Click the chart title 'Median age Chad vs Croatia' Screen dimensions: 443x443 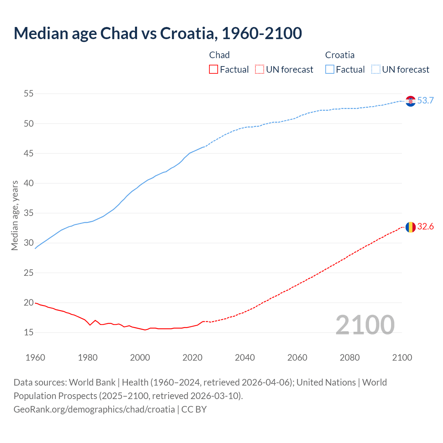pos(158,33)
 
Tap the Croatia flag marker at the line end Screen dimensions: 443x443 pos(410,101)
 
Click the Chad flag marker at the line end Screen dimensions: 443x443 pos(410,227)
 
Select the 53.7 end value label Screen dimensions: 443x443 pos(425,101)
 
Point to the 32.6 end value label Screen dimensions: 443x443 pos(425,227)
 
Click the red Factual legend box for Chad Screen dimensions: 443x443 pos(214,70)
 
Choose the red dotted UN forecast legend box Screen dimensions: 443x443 pos(260,70)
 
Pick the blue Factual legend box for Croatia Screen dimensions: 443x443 pos(330,70)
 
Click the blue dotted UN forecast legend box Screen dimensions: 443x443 pos(376,70)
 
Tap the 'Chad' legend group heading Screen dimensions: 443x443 pos(219,55)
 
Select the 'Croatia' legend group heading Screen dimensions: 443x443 pos(340,55)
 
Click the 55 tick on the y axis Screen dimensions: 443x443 pos(29,94)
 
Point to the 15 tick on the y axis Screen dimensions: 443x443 pos(29,333)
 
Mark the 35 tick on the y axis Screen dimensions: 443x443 pos(29,213)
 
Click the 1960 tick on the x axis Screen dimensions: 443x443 pos(35,358)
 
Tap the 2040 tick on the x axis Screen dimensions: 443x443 pos(245,358)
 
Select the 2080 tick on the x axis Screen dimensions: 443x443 pos(350,358)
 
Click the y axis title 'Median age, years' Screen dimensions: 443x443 pos(15,215)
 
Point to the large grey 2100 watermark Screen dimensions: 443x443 pos(365,325)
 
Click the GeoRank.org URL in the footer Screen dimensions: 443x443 pos(94,409)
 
